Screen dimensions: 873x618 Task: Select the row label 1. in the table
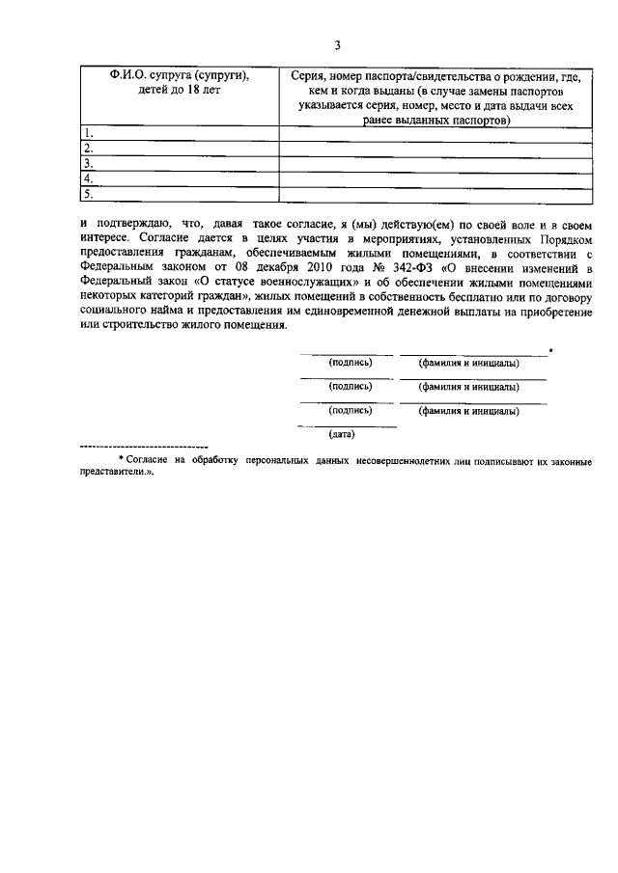point(88,132)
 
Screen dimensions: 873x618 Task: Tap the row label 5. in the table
point(88,195)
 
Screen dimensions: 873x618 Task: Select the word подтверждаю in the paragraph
point(126,223)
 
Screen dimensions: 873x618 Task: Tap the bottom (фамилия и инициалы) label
point(468,411)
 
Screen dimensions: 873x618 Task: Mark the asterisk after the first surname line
point(550,349)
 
